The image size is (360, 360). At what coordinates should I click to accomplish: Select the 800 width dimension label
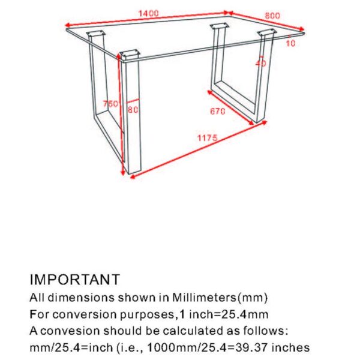pyautogui.click(x=272, y=16)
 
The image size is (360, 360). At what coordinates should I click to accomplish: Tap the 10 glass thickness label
pyautogui.click(x=290, y=43)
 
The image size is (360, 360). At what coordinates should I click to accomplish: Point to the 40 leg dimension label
pyautogui.click(x=260, y=62)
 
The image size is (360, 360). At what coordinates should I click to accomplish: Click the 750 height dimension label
pyautogui.click(x=110, y=104)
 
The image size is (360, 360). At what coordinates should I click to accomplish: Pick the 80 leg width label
pyautogui.click(x=133, y=109)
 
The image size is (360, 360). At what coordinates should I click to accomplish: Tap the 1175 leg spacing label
pyautogui.click(x=206, y=139)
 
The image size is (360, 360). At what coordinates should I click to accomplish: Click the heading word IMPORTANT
pyautogui.click(x=74, y=280)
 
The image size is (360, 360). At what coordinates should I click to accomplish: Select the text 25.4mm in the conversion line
pyautogui.click(x=246, y=314)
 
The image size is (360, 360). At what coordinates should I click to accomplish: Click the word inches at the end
pyautogui.click(x=292, y=347)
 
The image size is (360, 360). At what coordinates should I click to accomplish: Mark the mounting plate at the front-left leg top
pyautogui.click(x=129, y=56)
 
